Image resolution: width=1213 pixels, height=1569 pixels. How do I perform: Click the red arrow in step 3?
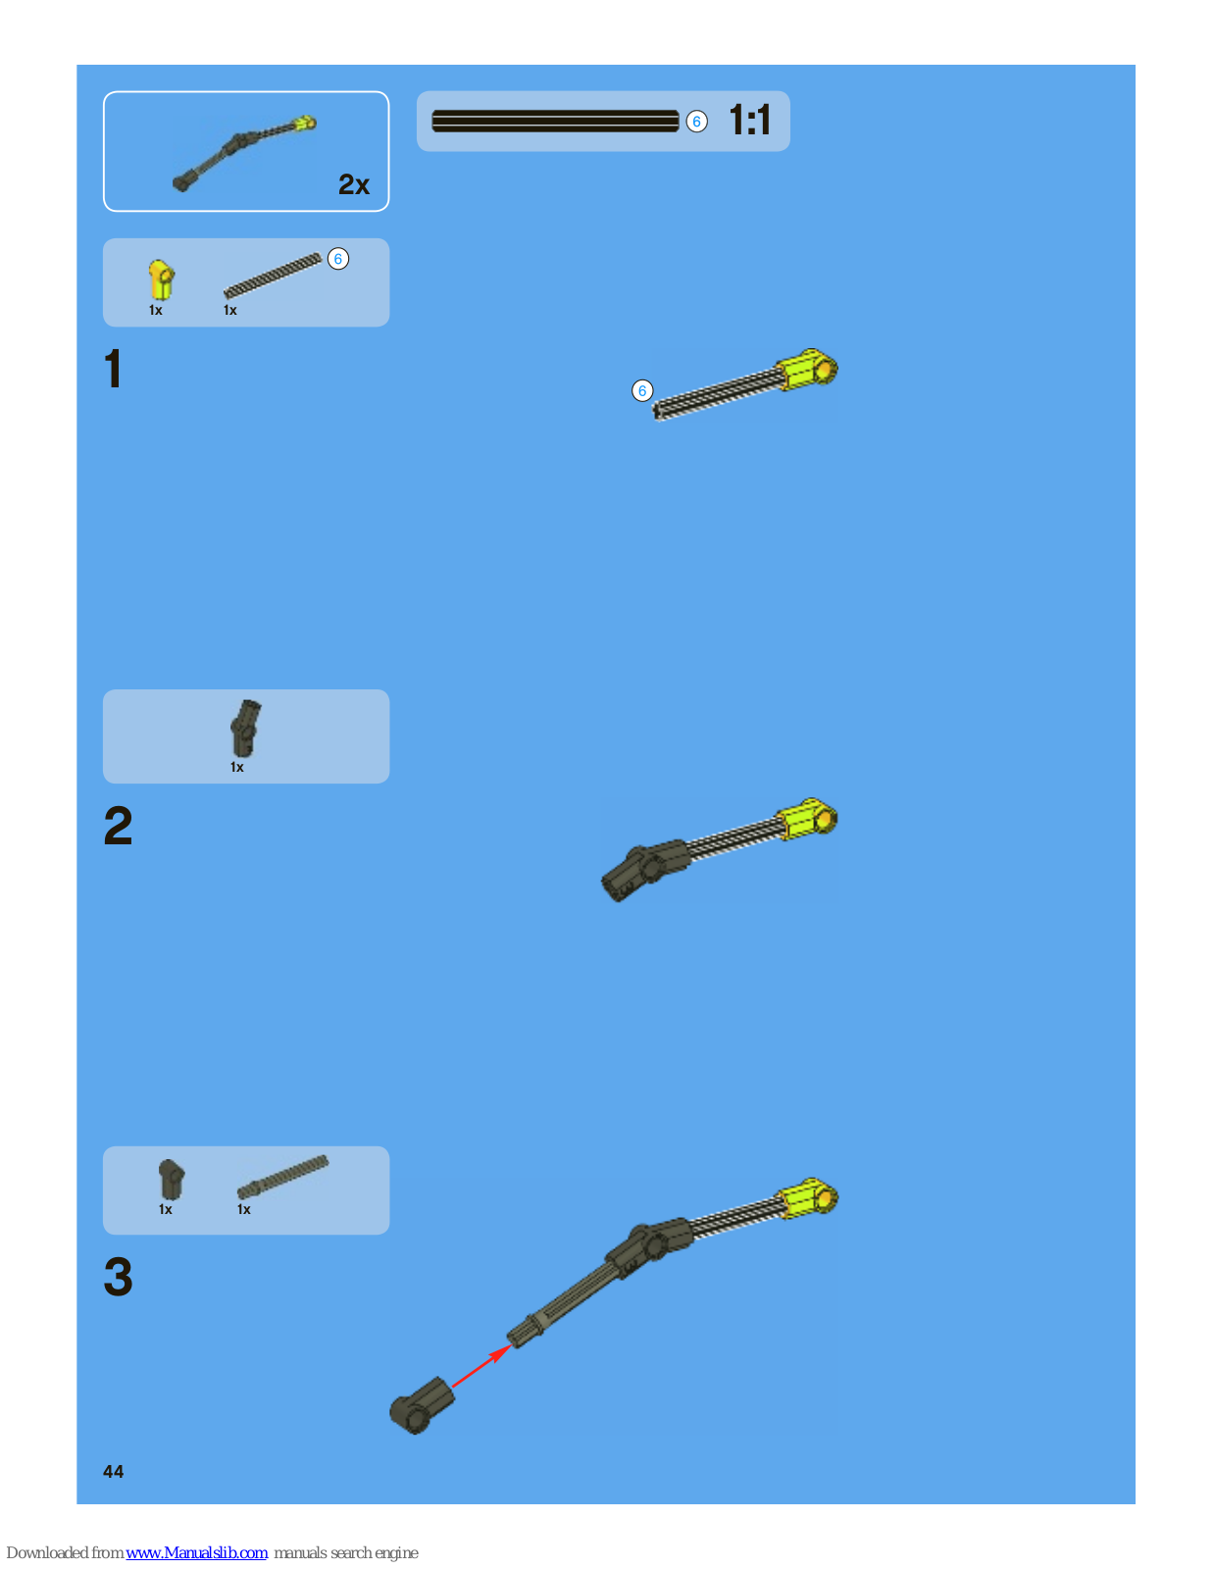pos(480,1366)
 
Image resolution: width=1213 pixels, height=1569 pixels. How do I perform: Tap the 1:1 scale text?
pos(749,121)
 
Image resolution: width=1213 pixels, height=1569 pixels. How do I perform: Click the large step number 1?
pos(114,370)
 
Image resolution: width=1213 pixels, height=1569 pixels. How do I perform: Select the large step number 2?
pos(118,826)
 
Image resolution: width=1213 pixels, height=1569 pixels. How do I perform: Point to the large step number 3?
pos(118,1277)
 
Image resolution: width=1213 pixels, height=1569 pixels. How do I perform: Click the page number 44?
pos(113,1471)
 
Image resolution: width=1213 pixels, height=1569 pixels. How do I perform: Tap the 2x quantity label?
pos(353,184)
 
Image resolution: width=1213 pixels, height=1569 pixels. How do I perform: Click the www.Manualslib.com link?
pos(196,1552)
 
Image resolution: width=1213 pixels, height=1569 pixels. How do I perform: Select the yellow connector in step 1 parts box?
pos(160,279)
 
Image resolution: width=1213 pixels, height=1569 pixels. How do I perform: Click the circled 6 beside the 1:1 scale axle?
pos(696,122)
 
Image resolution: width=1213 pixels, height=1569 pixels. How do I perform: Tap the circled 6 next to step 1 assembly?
pos(642,390)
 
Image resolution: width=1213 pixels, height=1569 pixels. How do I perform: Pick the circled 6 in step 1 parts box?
pos(337,259)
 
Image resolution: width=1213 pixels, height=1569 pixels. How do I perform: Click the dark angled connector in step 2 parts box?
pos(244,728)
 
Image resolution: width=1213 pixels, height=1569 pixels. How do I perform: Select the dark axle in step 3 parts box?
pos(282,1177)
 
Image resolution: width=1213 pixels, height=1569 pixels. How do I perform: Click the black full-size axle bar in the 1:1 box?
pos(555,122)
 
